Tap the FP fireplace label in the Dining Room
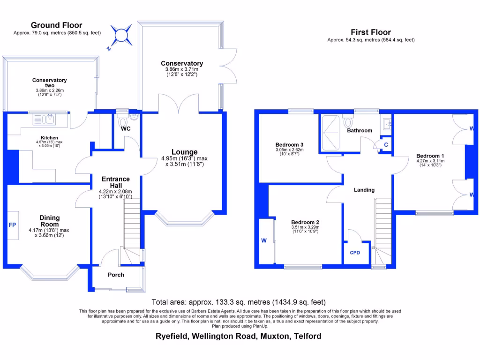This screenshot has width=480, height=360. click(12, 225)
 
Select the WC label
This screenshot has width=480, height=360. click(125, 128)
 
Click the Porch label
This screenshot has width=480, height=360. click(116, 275)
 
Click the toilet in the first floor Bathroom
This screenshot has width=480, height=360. click(348, 122)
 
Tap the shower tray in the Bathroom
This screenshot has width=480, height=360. click(331, 132)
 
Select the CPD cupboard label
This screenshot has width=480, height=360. click(355, 253)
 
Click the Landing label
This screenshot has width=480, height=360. click(364, 190)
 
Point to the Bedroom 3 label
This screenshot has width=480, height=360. click(289, 144)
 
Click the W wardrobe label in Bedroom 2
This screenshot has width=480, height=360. click(264, 241)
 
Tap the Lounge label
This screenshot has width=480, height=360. click(184, 152)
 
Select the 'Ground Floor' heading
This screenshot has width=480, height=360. click(56, 25)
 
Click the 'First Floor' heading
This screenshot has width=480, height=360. click(371, 32)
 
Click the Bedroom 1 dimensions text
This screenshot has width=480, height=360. click(430, 164)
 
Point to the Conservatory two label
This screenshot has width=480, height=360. click(50, 82)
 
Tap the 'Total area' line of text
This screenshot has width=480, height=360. click(239, 302)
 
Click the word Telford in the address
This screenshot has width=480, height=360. click(307, 336)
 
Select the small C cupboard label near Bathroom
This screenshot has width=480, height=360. click(386, 145)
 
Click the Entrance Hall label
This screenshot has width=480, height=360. click(116, 182)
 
